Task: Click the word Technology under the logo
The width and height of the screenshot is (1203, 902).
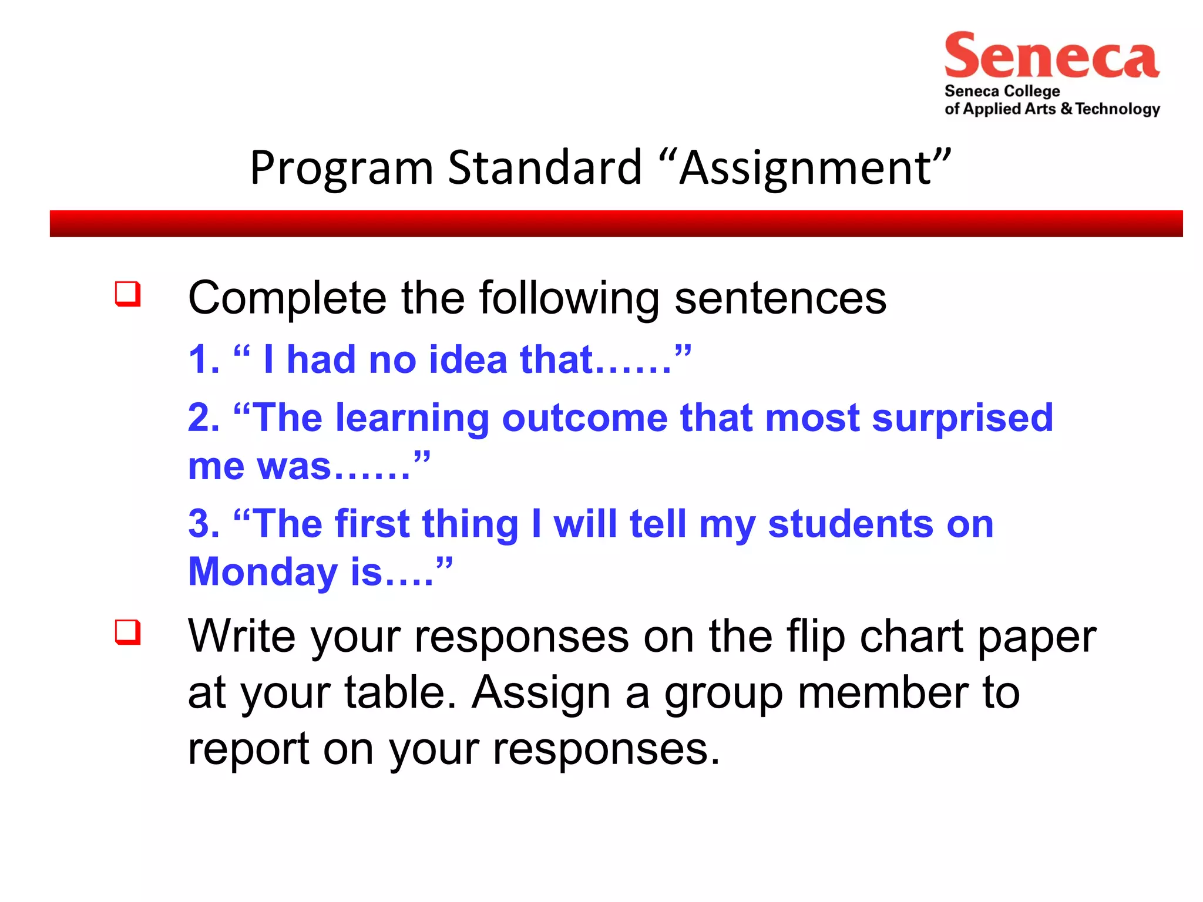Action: [1118, 109]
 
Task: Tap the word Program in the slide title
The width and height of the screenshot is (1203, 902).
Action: [341, 169]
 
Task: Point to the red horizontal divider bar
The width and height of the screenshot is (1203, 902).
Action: [616, 224]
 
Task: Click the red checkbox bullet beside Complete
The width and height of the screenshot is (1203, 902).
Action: [127, 294]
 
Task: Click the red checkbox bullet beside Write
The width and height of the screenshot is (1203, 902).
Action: [127, 632]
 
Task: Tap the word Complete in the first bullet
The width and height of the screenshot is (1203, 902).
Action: [287, 298]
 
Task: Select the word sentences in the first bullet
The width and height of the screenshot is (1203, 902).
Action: [780, 298]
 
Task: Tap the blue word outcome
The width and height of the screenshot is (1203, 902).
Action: [584, 418]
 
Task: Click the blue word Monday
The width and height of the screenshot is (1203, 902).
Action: [263, 572]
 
